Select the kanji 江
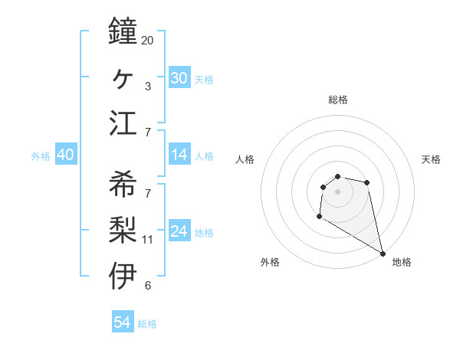(123, 123)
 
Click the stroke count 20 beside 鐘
(147, 40)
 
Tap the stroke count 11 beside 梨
(147, 240)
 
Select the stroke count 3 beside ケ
(147, 87)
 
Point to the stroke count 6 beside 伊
(147, 286)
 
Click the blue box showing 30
(179, 77)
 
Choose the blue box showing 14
(179, 155)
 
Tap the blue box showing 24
(179, 231)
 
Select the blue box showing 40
(65, 155)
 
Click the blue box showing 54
(123, 322)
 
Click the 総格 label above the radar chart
(338, 100)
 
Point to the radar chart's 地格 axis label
(402, 262)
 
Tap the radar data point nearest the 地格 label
(383, 254)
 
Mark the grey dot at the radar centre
(338, 191)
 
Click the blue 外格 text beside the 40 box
(41, 156)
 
